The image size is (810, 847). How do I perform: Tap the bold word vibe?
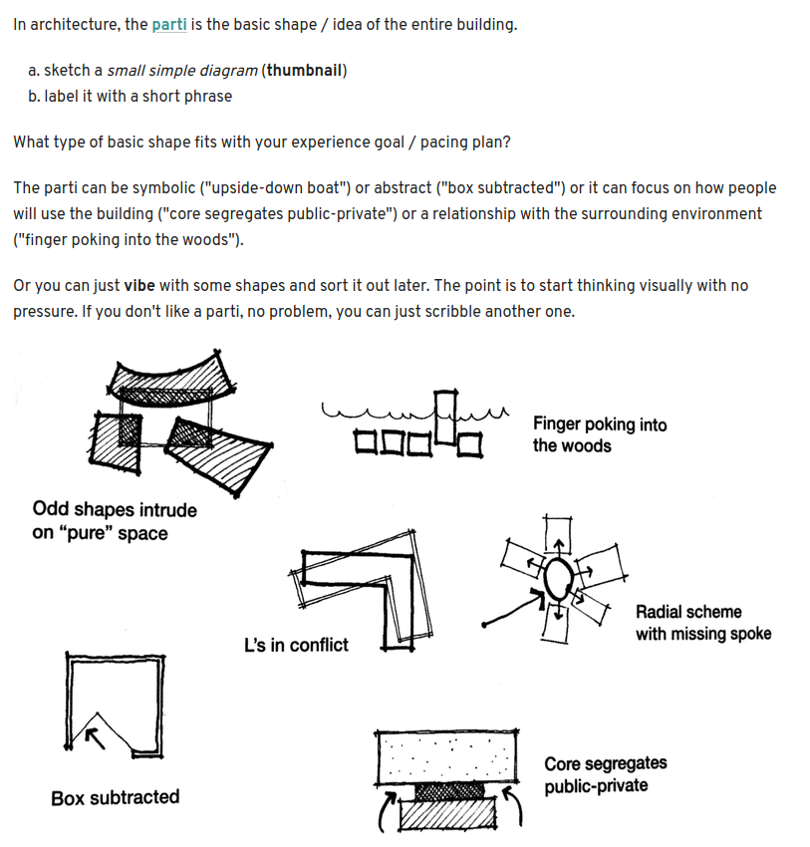[142, 286]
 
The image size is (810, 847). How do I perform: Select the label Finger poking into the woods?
[599, 434]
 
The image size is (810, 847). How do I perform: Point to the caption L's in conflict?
[296, 645]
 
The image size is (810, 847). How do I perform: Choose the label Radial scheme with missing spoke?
[702, 623]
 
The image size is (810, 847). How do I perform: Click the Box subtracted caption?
[116, 797]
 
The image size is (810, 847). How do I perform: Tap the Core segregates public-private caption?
[605, 774]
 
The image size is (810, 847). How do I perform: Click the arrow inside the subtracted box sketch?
[93, 735]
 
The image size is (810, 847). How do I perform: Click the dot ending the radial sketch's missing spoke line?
[484, 625]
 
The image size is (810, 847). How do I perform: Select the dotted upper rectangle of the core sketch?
[447, 757]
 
